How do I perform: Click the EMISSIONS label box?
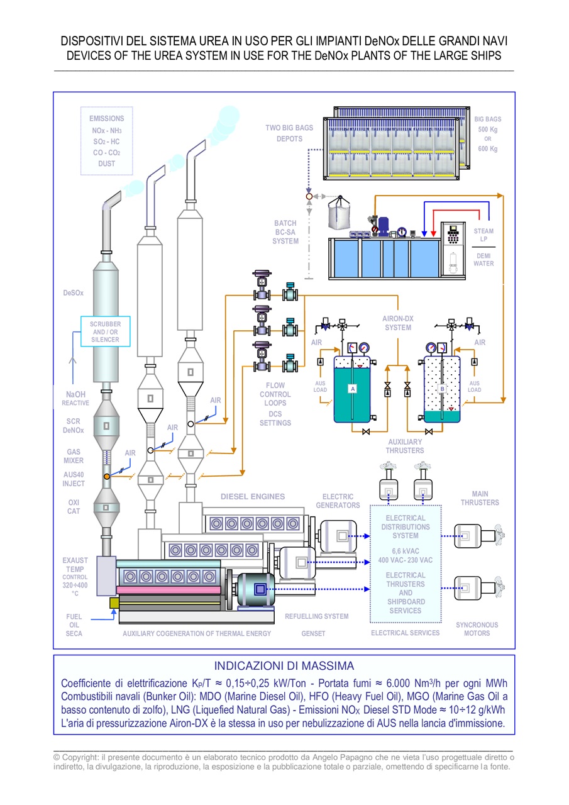pyautogui.click(x=107, y=141)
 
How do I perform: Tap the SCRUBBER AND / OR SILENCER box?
pyautogui.click(x=105, y=331)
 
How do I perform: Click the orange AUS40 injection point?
pyautogui.click(x=107, y=477)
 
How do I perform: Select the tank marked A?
pyautogui.click(x=352, y=389)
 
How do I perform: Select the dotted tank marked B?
pyautogui.click(x=442, y=389)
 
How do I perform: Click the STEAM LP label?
pyautogui.click(x=483, y=235)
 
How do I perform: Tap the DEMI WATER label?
pyautogui.click(x=483, y=260)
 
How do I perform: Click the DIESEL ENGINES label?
pyautogui.click(x=253, y=496)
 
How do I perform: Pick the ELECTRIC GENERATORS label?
pyautogui.click(x=338, y=501)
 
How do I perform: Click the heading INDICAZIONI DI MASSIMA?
pyautogui.click(x=284, y=666)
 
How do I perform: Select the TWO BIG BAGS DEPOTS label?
pyautogui.click(x=289, y=133)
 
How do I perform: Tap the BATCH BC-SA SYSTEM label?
pyautogui.click(x=285, y=232)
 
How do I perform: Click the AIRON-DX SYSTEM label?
pyautogui.click(x=397, y=323)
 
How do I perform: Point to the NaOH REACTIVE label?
pyautogui.click(x=75, y=399)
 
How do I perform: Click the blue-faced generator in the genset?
pyautogui.click(x=256, y=589)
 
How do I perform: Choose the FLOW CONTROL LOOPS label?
pyautogui.click(x=275, y=394)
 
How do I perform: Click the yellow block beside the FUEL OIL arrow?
pyautogui.click(x=114, y=603)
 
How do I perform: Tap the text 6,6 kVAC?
pyautogui.click(x=405, y=551)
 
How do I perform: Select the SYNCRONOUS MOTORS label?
pyautogui.click(x=477, y=629)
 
